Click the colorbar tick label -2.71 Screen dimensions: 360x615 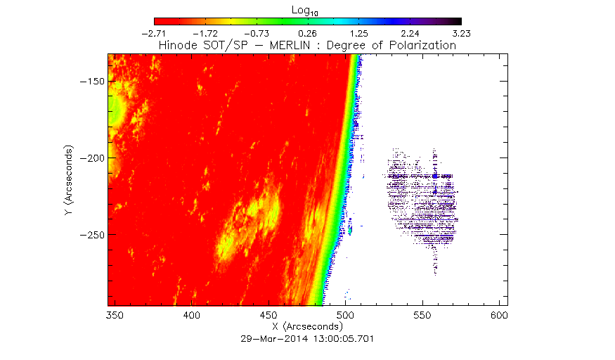154,33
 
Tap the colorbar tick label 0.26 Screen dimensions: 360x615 308,33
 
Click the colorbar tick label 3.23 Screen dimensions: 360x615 461,33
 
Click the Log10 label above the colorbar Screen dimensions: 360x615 307,9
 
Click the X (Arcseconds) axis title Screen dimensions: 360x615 307,328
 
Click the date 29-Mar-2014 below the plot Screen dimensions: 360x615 270,338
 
